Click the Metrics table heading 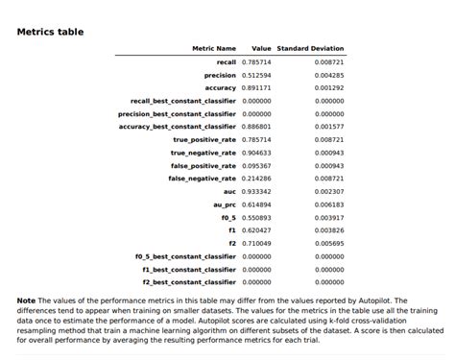(50, 32)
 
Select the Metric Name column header (213, 48)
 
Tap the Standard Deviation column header (310, 48)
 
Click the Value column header (261, 48)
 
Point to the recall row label (226, 61)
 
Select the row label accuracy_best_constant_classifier (177, 126)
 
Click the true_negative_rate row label (203, 152)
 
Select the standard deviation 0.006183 (329, 204)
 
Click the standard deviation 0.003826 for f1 (329, 230)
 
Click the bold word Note (26, 300)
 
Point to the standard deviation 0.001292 (329, 87)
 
